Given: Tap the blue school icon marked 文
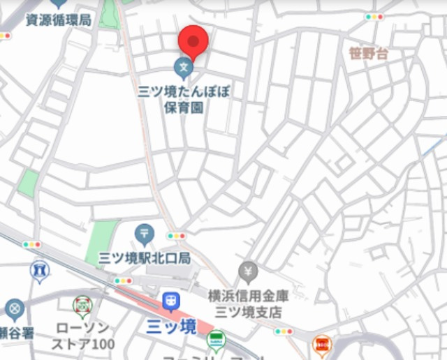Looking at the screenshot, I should [x=183, y=68].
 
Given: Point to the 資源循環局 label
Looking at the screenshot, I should [x=59, y=20].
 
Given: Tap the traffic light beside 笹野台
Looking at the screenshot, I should [x=375, y=17].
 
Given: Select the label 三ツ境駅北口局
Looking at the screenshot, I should [x=145, y=258].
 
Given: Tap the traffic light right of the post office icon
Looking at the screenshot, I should [x=176, y=236].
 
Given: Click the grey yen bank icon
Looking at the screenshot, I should [x=248, y=271].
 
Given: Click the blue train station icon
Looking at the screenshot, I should [x=171, y=301].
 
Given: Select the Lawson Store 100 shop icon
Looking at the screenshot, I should [x=82, y=306].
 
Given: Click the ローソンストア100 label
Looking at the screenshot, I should [x=83, y=336].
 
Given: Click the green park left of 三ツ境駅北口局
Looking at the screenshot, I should [x=103, y=241].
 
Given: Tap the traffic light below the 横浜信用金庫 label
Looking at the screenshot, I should [x=284, y=331].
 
